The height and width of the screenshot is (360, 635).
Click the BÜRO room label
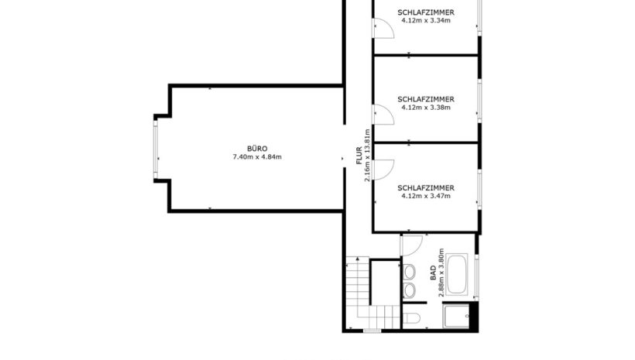[x=257, y=149]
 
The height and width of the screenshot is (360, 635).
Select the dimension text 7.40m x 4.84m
[x=257, y=156]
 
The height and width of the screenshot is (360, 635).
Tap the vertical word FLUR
[x=359, y=156]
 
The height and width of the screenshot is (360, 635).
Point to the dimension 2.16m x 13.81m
[x=367, y=156]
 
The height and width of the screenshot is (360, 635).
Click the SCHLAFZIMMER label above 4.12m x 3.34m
[x=426, y=12]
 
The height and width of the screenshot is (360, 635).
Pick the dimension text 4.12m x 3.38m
[x=426, y=108]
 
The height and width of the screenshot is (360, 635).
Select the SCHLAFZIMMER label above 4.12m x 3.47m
[x=426, y=188]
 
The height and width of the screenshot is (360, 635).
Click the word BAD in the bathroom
[x=434, y=273]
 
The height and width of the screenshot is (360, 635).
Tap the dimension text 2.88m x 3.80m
[x=441, y=273]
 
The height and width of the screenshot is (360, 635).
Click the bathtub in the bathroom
[x=458, y=274]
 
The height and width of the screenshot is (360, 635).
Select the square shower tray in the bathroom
[x=456, y=317]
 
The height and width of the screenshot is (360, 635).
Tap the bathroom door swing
[x=412, y=245]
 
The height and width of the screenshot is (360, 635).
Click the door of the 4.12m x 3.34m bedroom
[x=383, y=28]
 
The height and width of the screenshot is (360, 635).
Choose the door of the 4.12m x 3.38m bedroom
[x=383, y=115]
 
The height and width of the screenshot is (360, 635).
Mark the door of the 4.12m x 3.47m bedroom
[x=383, y=170]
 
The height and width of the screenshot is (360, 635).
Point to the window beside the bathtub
[x=477, y=277]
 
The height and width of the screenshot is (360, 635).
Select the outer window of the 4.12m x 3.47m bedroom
[x=479, y=190]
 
